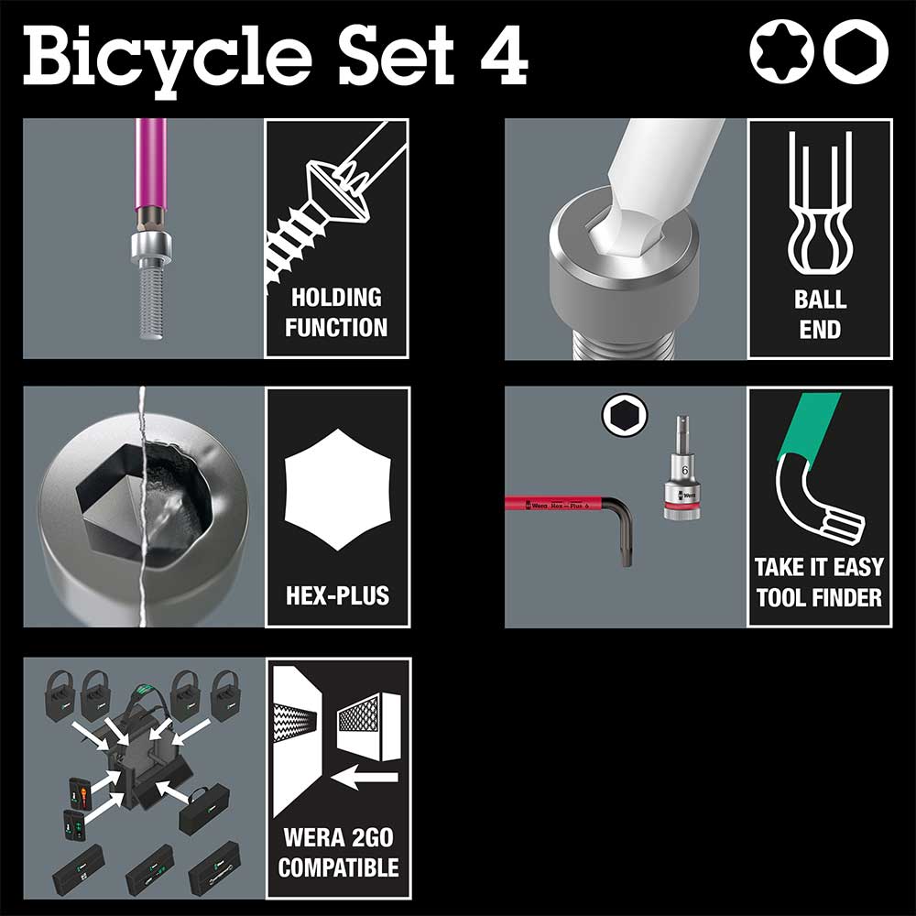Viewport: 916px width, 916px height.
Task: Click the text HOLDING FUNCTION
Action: [336, 312]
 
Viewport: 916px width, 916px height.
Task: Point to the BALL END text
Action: [820, 314]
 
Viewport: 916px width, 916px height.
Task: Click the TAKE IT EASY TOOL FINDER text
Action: [819, 583]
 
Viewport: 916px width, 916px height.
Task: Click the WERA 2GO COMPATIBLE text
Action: [339, 853]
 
